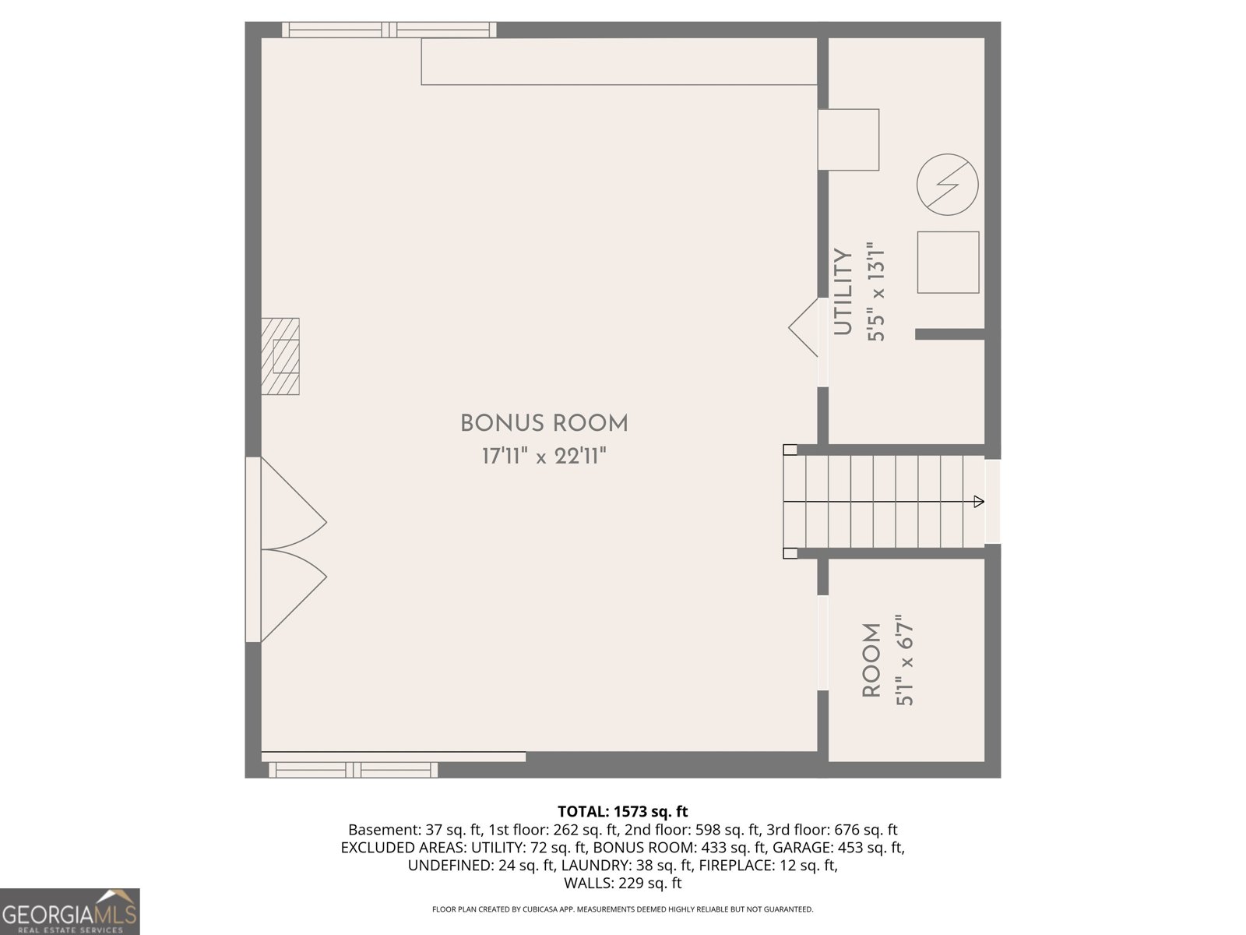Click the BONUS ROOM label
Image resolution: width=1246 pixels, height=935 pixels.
click(x=544, y=424)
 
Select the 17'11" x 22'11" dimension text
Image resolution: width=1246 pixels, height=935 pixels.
click(x=544, y=457)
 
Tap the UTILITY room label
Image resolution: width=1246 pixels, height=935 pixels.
click(x=843, y=292)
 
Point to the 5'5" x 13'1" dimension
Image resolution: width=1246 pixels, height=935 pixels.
click(x=878, y=292)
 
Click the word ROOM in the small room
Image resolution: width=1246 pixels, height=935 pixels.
click(x=871, y=661)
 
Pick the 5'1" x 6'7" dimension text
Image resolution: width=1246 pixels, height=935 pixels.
click(x=904, y=661)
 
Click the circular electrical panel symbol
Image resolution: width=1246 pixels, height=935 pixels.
click(x=947, y=185)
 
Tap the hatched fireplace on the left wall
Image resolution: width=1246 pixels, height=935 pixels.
click(x=280, y=356)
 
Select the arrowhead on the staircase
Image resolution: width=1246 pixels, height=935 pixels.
click(x=979, y=502)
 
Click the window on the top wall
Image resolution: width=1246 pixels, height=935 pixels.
click(x=389, y=30)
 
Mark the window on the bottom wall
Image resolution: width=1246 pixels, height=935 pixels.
click(x=354, y=770)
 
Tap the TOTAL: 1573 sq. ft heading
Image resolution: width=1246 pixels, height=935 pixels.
click(x=622, y=812)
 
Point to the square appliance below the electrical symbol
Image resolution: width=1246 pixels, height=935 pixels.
click(x=947, y=263)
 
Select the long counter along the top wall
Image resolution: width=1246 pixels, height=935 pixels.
click(x=619, y=62)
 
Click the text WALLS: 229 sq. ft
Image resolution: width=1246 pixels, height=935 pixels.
click(x=622, y=883)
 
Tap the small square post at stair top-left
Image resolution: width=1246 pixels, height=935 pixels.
click(x=790, y=450)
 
